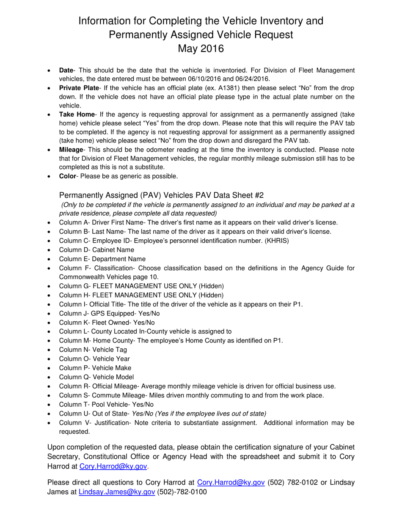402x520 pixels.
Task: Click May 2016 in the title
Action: [201, 49]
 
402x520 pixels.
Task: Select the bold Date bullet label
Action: [66, 70]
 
